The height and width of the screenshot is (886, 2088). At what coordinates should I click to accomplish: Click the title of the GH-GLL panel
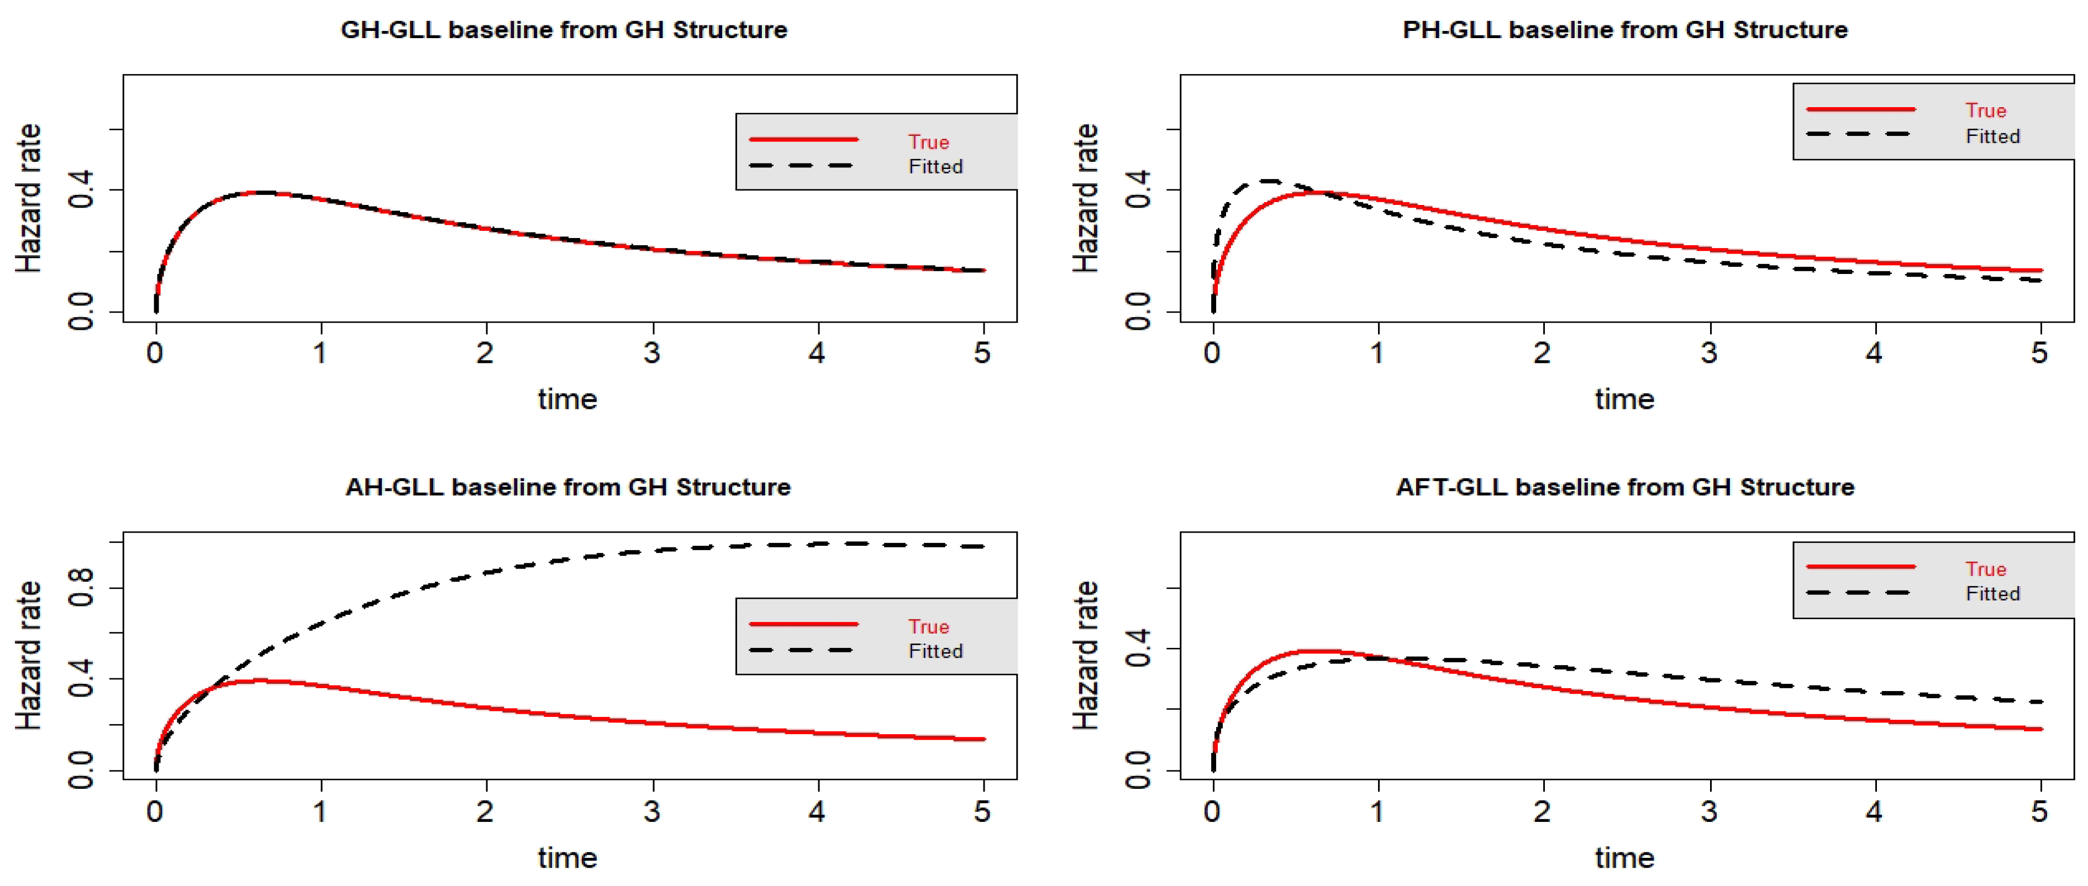tap(564, 30)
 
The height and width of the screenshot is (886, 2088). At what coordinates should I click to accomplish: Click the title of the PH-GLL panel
tap(1624, 30)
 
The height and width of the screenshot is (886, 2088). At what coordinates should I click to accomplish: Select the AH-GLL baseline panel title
tap(567, 487)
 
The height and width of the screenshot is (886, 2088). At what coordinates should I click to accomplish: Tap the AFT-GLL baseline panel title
tap(1624, 487)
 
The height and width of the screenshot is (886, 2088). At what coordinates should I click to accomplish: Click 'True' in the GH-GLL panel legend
tap(928, 142)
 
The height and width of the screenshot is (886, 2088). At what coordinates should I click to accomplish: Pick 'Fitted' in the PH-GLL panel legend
tap(1992, 136)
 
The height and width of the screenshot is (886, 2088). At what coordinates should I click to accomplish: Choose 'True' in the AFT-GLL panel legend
tap(1985, 569)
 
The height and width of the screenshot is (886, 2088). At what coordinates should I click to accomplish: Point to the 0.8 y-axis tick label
tap(81, 588)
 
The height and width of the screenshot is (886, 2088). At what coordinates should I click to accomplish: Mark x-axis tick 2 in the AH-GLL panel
tap(485, 811)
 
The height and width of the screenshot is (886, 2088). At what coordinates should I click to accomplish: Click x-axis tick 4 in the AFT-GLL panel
tap(1873, 811)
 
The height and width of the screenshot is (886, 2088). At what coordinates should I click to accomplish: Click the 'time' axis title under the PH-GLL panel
tap(1624, 399)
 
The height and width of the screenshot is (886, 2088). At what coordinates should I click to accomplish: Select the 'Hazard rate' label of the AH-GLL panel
tap(28, 655)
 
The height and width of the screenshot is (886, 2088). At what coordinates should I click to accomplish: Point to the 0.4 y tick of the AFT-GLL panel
tap(1138, 648)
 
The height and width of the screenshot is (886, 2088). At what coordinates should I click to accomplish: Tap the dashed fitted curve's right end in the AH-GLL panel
tap(982, 546)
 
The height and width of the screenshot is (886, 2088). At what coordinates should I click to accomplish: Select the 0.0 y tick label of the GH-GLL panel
tap(81, 312)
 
